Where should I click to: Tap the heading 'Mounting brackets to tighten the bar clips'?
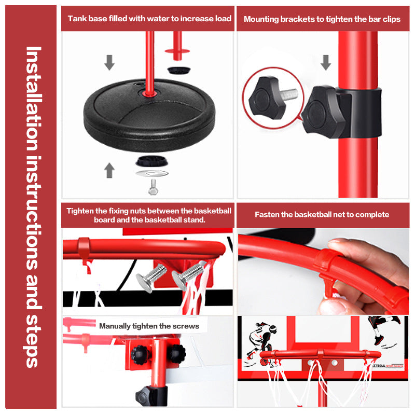(322, 19)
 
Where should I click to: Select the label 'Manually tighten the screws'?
(149, 326)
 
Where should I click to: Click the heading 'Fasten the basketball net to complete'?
(322, 214)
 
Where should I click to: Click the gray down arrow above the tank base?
(109, 62)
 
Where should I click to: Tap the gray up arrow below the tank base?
(109, 170)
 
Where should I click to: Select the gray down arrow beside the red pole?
(326, 62)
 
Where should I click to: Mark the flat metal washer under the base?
(152, 174)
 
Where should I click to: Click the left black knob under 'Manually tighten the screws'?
(139, 355)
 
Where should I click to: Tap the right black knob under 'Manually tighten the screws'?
(175, 353)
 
